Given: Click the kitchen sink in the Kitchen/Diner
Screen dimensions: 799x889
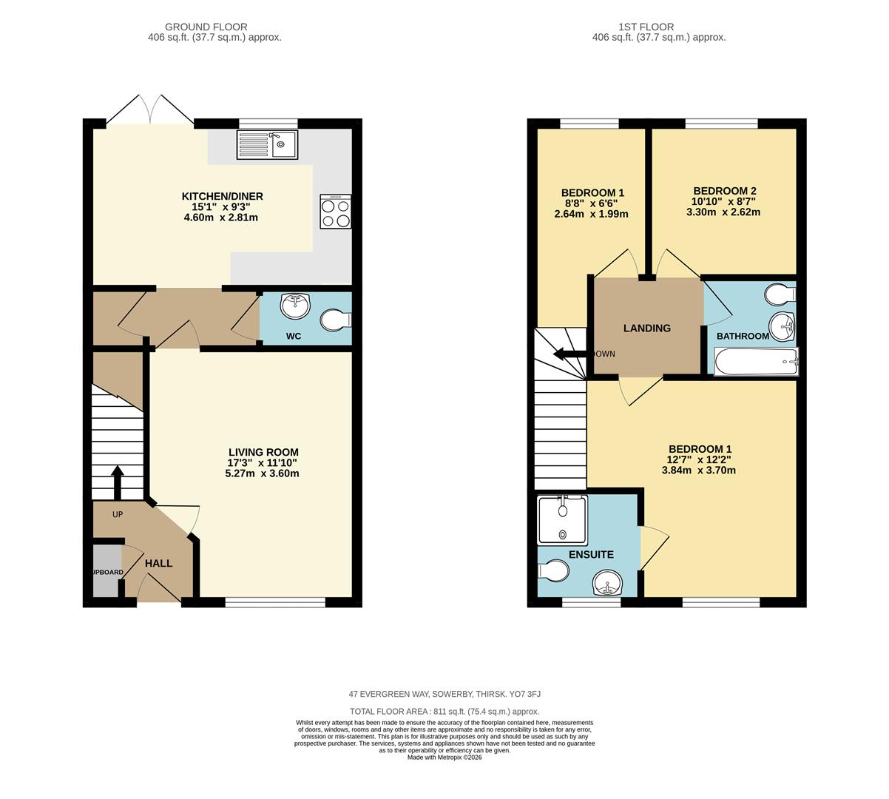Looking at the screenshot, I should coord(267,144).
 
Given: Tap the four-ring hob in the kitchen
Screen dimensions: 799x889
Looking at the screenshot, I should coord(335,212).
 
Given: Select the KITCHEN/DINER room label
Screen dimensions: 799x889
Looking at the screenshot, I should coord(223,196).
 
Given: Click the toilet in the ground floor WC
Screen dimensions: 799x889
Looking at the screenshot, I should coord(337,320).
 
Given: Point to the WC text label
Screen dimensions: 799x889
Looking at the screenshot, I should coord(294,337).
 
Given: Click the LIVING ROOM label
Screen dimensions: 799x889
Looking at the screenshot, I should coord(263,452).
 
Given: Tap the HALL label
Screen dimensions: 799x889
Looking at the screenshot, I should coord(158,563).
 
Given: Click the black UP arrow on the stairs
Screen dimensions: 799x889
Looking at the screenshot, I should coord(117,483).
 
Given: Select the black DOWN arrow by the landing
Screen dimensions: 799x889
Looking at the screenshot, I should coord(570,354).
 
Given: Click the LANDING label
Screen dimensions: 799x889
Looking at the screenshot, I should coord(646,328).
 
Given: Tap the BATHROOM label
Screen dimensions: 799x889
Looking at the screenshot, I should coord(743,336).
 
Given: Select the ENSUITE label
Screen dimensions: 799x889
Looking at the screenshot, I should coord(591,554).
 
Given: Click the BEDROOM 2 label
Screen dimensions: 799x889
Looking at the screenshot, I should coord(724,190).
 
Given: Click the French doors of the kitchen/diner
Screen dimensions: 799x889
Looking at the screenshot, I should coord(151,111).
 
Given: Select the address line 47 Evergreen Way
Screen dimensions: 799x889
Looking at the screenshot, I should coord(444,694).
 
